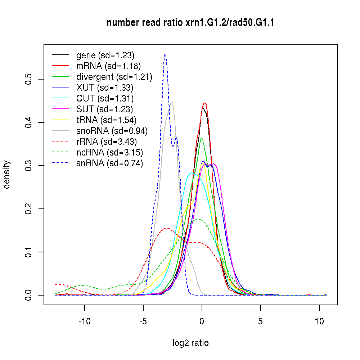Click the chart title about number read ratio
point(191,23)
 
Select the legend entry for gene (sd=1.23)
point(105,55)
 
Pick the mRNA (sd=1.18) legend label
point(108,66)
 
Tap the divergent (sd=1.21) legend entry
point(114,77)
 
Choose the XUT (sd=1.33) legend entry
point(105,87)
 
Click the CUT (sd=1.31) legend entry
point(105,98)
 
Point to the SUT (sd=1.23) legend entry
point(105,109)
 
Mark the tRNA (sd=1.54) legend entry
point(106,120)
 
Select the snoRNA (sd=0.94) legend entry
point(112,131)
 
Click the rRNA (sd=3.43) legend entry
point(107,141)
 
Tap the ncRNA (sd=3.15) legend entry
point(109,152)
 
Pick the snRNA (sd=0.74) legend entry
point(109,163)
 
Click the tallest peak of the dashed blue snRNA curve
point(165,55)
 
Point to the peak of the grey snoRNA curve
point(172,102)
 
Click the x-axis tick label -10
point(85,321)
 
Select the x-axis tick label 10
point(319,321)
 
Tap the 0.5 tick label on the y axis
point(28,79)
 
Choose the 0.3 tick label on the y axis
point(28,166)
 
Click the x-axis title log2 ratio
point(190,343)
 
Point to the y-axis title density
point(7,174)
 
